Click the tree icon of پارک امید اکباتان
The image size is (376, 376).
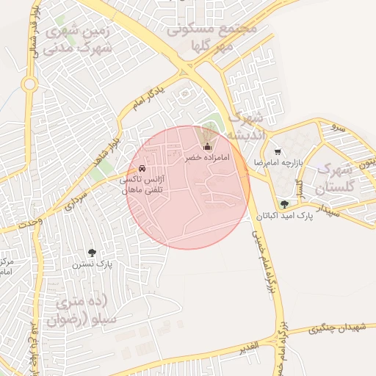coord(284,204)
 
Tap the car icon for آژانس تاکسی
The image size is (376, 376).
coord(152,168)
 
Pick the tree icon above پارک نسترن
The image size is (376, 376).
coord(91,253)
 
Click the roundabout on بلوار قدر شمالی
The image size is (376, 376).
coord(29,84)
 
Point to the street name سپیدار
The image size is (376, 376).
coord(324,211)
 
